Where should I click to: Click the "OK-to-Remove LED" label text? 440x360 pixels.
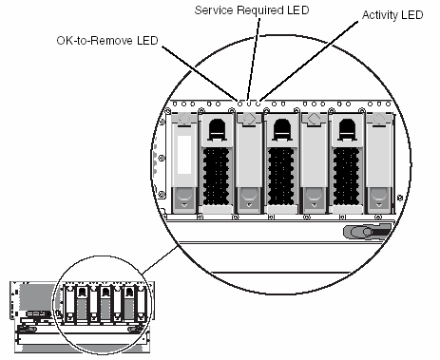[107, 41]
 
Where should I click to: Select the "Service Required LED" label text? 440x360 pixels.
[252, 10]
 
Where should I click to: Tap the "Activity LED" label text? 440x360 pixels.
[392, 15]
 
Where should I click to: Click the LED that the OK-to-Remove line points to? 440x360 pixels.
[239, 104]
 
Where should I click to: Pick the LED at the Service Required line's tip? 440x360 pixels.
[249, 104]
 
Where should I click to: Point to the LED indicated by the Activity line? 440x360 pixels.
[258, 104]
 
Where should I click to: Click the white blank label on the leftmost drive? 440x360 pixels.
[184, 155]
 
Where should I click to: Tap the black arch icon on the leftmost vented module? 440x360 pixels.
[217, 129]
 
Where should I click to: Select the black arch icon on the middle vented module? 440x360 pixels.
[282, 129]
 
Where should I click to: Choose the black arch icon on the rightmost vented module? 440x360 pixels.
[347, 129]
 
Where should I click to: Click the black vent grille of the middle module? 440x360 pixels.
[281, 177]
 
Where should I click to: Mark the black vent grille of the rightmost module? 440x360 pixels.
[346, 177]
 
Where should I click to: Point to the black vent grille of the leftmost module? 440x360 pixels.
[216, 177]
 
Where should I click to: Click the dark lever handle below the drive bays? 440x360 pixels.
[368, 232]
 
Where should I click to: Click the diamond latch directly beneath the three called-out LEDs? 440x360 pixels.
[249, 119]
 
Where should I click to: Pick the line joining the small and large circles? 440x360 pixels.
[160, 260]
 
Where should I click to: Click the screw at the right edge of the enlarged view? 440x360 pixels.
[400, 199]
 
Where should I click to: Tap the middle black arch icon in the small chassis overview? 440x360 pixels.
[105, 292]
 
